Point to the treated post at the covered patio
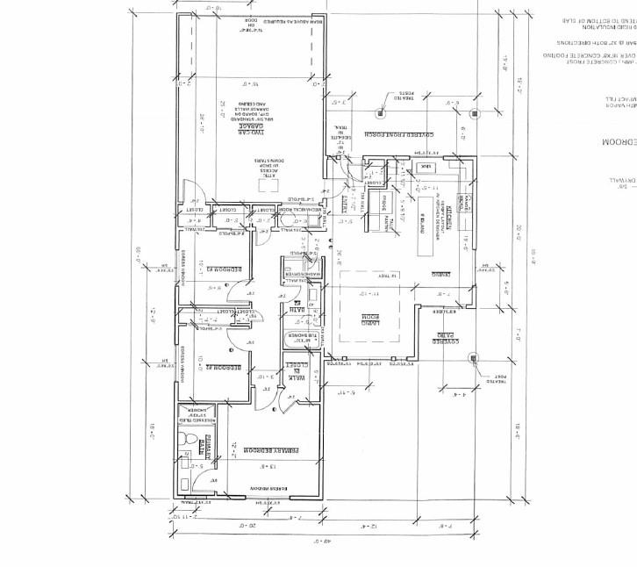(473, 357)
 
